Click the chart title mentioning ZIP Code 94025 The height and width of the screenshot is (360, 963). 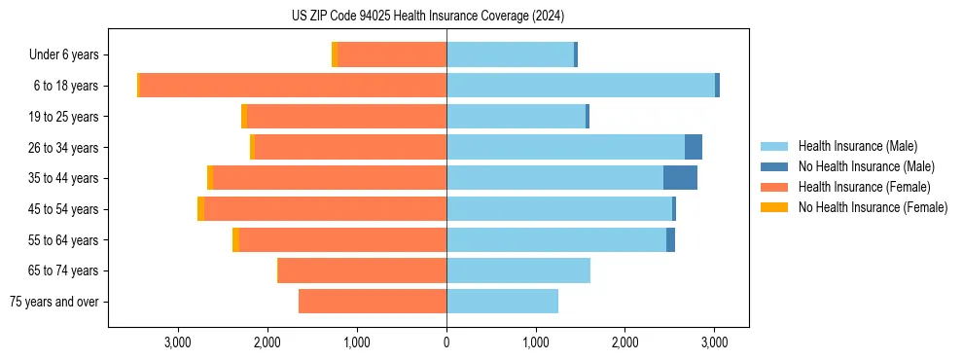427,16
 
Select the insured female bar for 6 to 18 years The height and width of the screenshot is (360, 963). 292,86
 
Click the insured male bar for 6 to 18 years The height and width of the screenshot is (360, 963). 581,86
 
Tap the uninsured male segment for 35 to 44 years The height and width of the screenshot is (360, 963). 680,178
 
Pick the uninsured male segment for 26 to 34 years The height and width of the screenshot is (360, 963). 693,147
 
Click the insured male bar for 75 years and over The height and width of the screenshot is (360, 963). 502,302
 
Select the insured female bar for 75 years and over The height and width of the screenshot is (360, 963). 373,302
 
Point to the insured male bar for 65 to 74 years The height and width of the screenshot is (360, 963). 517,270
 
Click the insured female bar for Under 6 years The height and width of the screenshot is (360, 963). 392,54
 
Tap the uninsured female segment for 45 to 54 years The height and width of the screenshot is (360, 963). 200,209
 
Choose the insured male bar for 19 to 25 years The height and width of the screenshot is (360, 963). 516,117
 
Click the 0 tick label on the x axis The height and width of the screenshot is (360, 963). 446,342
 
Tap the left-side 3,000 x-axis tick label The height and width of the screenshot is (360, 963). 177,342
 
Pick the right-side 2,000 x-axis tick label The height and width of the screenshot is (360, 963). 625,342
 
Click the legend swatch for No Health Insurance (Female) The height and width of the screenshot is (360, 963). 774,207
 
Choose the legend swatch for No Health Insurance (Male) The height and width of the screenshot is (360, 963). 774,166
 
